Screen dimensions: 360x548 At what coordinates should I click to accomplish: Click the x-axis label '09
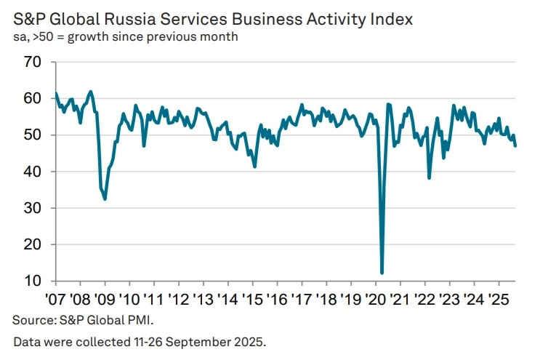click(x=105, y=300)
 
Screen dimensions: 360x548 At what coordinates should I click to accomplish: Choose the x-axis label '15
click(x=252, y=300)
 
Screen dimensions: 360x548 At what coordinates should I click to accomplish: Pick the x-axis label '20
click(x=376, y=300)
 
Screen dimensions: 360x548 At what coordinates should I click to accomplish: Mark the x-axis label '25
click(x=499, y=300)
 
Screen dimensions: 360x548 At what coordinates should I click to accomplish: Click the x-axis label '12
click(x=178, y=300)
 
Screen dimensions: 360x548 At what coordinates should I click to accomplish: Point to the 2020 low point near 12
click(x=382, y=273)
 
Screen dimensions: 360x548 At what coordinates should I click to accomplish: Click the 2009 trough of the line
click(x=105, y=199)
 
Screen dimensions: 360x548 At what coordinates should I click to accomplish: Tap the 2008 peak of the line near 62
click(x=91, y=92)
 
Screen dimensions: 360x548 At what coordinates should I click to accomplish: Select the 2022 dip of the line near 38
click(x=429, y=177)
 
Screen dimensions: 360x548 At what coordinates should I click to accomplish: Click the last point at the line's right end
click(x=515, y=146)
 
